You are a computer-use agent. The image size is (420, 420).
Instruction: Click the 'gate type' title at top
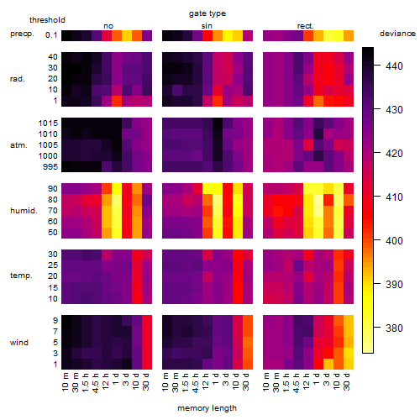[207, 13]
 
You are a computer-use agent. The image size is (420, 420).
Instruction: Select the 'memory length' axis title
[207, 408]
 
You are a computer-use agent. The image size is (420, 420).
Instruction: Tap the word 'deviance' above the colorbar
[397, 34]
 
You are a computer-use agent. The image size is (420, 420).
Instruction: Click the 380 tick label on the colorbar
[394, 328]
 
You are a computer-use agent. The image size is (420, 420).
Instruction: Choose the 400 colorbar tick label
[394, 240]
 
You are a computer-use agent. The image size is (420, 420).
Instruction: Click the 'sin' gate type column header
[207, 26]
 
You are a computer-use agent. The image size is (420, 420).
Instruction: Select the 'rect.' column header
[305, 26]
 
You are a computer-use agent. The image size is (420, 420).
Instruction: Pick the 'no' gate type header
[108, 26]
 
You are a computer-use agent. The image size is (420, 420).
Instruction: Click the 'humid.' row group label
[24, 210]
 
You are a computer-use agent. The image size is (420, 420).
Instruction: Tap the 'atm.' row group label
[18, 145]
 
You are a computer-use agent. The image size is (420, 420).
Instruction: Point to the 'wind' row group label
[19, 342]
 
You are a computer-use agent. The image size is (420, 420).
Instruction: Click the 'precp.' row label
[22, 34]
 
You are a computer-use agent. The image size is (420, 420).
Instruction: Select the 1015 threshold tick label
[48, 123]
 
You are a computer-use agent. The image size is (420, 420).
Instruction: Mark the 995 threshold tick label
[50, 167]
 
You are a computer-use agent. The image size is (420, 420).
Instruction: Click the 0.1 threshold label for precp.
[51, 35]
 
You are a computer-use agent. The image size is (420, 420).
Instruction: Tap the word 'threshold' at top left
[47, 20]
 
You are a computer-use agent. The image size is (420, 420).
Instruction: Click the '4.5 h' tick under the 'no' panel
[96, 382]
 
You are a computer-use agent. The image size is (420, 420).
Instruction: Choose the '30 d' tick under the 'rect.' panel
[347, 381]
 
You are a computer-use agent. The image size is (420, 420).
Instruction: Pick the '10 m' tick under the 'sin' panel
[165, 382]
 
